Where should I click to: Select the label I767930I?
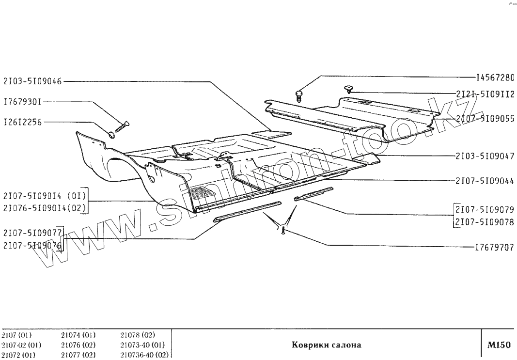(x=22, y=102)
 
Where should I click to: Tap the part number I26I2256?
(x=23, y=123)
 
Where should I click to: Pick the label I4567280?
(x=494, y=77)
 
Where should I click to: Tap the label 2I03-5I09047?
(x=485, y=157)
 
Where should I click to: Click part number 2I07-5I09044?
(x=485, y=181)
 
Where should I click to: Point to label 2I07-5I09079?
(x=485, y=210)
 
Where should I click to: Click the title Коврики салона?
(x=327, y=345)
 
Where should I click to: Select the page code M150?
(x=499, y=345)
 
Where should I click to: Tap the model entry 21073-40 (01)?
(x=142, y=345)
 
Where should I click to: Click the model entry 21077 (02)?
(x=78, y=355)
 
